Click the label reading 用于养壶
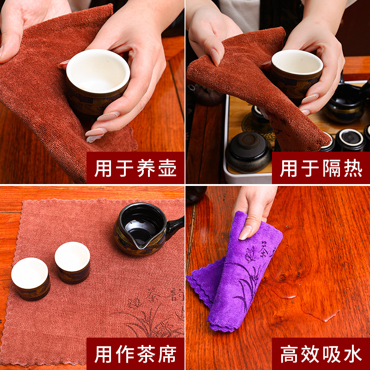tap(136, 168)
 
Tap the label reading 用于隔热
tap(321, 168)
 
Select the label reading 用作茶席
tap(136, 354)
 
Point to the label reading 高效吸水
tap(321, 354)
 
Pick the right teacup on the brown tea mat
tap(73, 262)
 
